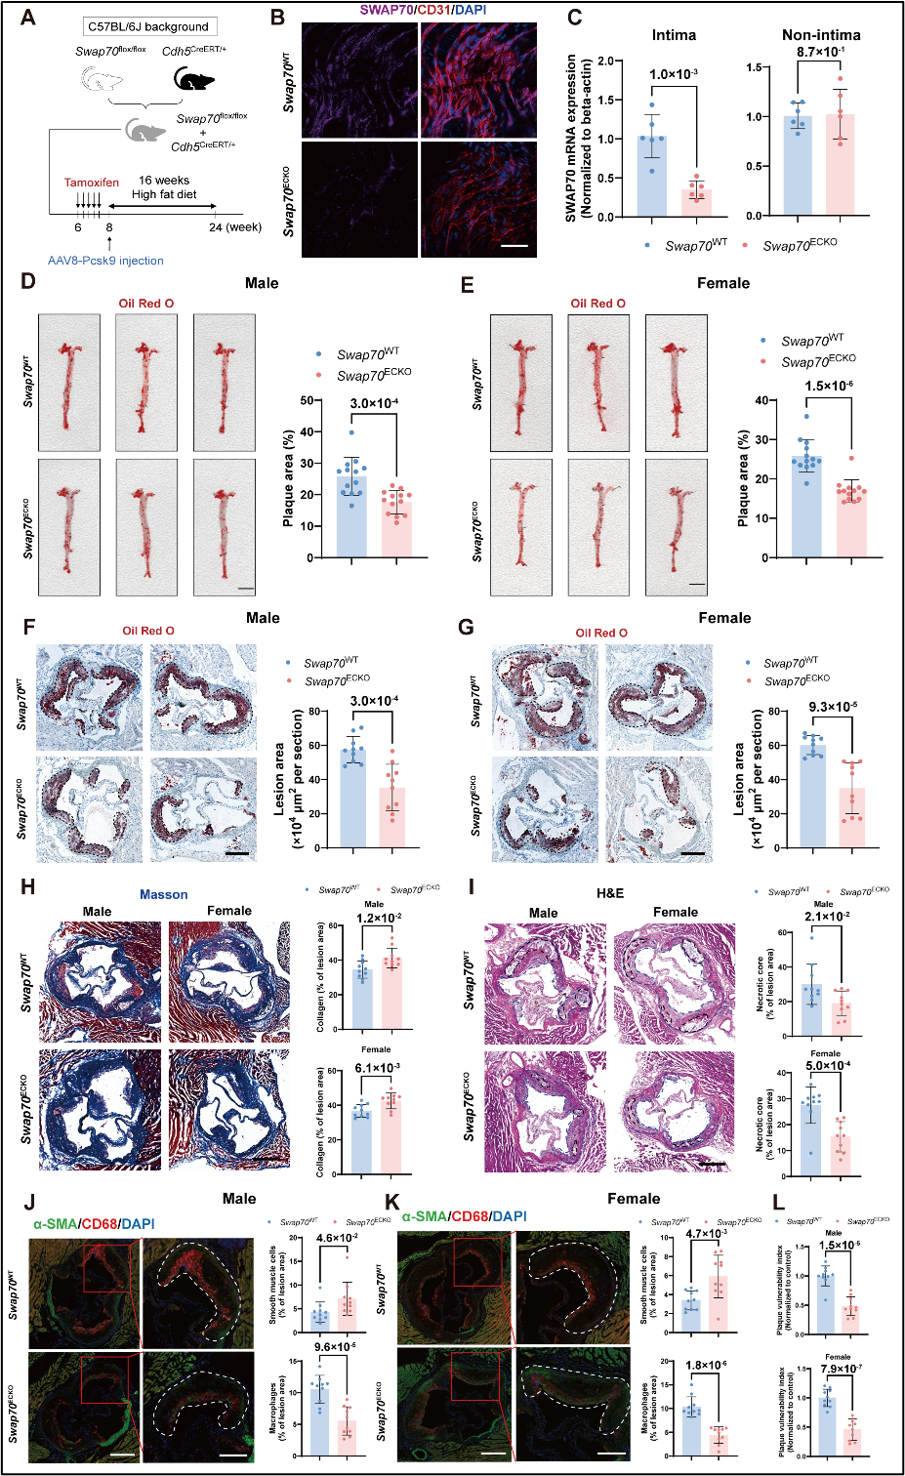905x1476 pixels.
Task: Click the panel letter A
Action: point(28,17)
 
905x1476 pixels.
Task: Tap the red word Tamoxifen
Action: point(91,183)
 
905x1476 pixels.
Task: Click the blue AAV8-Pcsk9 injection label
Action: point(105,261)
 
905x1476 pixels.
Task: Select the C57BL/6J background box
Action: point(148,26)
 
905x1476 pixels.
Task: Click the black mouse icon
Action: point(194,78)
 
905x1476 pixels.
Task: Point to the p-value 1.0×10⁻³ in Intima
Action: point(674,74)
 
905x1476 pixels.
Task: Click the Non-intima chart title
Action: point(821,35)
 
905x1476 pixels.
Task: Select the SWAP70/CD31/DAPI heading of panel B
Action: point(422,10)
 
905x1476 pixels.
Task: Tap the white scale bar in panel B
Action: point(514,246)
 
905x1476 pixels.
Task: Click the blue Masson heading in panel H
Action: point(163,894)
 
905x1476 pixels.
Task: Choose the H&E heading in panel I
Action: point(610,893)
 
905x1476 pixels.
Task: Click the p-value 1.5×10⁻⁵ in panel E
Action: point(828,386)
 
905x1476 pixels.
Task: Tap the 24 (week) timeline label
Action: point(234,227)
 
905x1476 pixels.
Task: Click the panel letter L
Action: point(778,1203)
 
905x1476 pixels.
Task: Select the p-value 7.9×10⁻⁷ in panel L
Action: point(841,1369)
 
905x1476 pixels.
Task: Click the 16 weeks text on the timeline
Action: point(164,181)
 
